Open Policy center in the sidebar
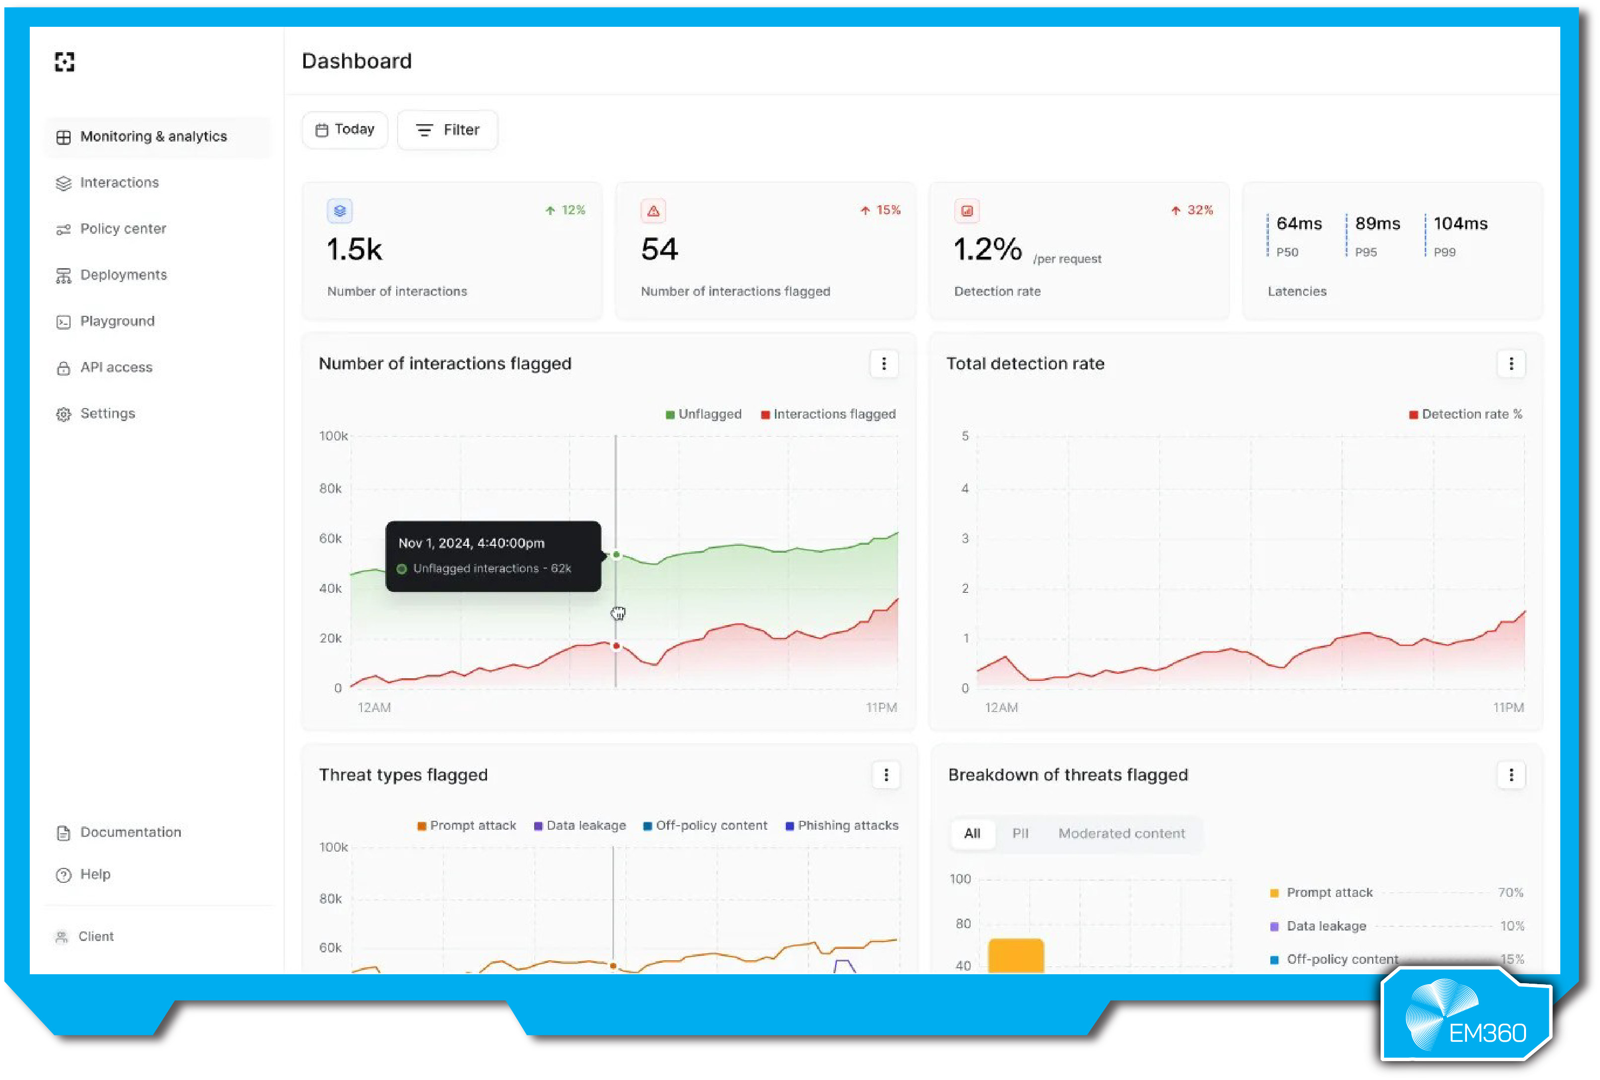pos(123,229)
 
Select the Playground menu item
pos(117,321)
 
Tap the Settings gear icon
pos(64,414)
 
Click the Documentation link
pos(130,832)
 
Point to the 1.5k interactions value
pos(354,249)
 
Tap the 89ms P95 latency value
pos(1377,224)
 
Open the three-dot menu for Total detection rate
pos(1511,363)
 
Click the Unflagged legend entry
pos(703,414)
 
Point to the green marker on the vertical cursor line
pos(616,555)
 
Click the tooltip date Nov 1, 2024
pos(471,543)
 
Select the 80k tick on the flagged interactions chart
pos(331,488)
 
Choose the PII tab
pos(1020,833)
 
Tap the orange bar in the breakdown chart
pos(1016,955)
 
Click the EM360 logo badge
pos(1466,1016)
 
